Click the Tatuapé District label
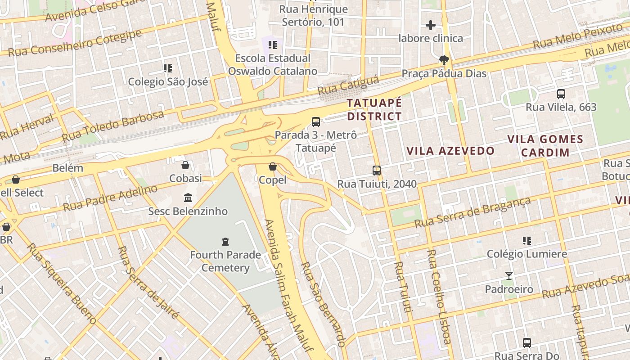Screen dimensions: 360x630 (374, 109)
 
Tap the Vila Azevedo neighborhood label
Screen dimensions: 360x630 (450, 151)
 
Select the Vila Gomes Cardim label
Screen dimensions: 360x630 (545, 145)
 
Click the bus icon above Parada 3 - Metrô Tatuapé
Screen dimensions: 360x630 (316, 121)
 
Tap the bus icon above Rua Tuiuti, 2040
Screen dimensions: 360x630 (377, 171)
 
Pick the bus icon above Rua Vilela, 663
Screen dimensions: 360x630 (561, 94)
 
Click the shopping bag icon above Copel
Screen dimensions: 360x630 (273, 167)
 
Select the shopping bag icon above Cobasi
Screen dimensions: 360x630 (185, 165)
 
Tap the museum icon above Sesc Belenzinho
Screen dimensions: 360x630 (188, 198)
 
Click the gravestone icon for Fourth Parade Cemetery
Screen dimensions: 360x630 (225, 242)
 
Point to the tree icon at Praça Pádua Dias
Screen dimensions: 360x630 (444, 60)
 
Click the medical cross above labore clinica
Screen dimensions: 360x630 (431, 25)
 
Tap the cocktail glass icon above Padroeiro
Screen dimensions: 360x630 (509, 276)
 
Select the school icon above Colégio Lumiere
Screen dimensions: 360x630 (527, 241)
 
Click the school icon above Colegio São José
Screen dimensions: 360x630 (168, 68)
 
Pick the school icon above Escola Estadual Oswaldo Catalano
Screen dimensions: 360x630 (272, 45)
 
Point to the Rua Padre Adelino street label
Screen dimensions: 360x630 (110, 198)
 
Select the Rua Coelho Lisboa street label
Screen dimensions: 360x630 (439, 297)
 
